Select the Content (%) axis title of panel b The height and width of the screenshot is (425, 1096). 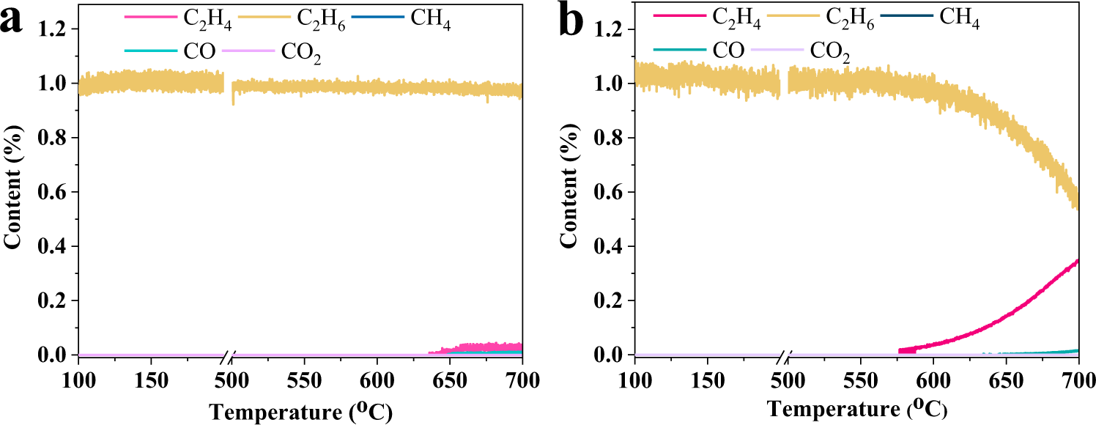tap(569, 192)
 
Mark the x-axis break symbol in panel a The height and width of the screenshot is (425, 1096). tap(229, 355)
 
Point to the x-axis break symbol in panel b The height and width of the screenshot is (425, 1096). tap(785, 355)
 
